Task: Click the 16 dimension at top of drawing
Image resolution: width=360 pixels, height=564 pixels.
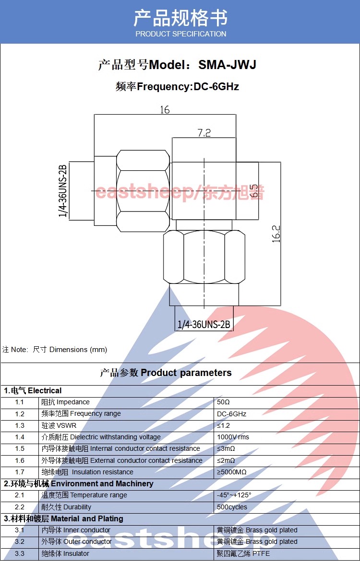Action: click(x=165, y=110)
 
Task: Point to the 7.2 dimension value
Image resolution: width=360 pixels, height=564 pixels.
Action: click(x=204, y=133)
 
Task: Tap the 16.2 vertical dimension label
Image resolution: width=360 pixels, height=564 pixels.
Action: click(x=276, y=234)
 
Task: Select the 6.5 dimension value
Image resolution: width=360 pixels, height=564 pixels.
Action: click(x=254, y=190)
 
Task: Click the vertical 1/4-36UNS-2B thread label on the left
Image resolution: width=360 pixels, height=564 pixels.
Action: click(x=63, y=191)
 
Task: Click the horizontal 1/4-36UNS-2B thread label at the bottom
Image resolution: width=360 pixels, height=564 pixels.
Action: click(x=204, y=325)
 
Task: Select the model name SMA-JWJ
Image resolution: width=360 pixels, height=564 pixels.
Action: click(x=228, y=65)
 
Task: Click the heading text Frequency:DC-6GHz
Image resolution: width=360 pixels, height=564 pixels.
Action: click(x=188, y=87)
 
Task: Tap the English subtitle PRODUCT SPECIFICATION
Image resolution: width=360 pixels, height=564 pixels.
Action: click(x=180, y=34)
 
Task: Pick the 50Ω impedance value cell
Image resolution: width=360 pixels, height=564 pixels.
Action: click(x=224, y=402)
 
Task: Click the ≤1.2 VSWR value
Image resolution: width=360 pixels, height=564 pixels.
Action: click(x=224, y=425)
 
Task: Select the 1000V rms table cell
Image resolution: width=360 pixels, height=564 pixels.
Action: click(x=233, y=437)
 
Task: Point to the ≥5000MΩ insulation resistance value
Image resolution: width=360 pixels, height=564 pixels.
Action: click(x=232, y=472)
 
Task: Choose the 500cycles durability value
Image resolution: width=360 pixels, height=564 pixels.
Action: click(x=232, y=507)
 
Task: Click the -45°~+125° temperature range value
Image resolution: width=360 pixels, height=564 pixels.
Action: click(x=234, y=495)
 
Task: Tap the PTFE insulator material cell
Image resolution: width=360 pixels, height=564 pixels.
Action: click(x=243, y=553)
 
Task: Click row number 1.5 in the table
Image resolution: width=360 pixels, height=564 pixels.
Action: click(x=19, y=448)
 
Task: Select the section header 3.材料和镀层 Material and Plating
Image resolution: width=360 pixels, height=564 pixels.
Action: click(x=63, y=518)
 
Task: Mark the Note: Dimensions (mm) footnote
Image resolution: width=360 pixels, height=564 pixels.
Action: click(x=55, y=350)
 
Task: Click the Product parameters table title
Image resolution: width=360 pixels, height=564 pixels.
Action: click(x=166, y=373)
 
